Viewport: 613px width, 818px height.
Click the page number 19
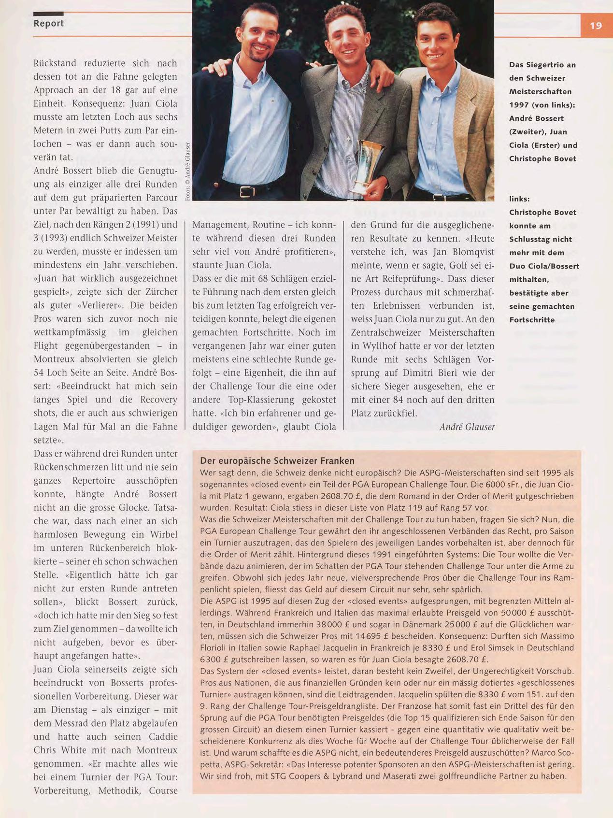click(x=596, y=25)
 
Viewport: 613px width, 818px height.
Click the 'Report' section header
click(x=48, y=23)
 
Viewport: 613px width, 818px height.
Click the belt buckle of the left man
click(x=247, y=192)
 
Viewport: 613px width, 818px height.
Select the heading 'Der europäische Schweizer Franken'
click(x=277, y=461)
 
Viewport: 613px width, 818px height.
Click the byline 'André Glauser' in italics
click(x=467, y=427)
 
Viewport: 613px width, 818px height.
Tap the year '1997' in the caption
click(x=519, y=105)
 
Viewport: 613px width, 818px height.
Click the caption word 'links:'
click(x=519, y=199)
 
